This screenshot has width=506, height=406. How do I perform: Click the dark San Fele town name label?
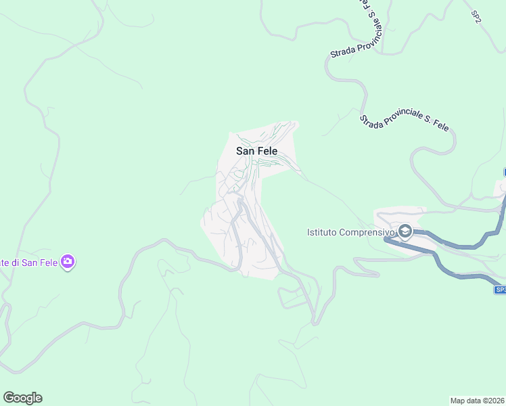pos(256,151)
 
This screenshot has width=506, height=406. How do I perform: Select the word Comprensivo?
pos(368,233)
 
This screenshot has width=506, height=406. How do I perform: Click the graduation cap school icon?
pos(405,231)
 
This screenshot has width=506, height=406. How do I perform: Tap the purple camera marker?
pos(68,261)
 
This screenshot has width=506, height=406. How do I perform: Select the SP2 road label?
pos(477,14)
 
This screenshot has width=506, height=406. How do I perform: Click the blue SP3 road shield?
pos(500,290)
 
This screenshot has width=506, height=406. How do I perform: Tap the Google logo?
pos(22,398)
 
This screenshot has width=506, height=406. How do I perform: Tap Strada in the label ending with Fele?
pos(370,120)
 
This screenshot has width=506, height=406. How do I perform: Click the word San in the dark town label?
pos(245,151)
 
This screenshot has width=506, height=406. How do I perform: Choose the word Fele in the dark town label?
pos(267,151)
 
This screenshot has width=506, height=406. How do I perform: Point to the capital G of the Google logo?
pos(9,397)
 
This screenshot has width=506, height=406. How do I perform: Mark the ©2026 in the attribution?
pos(493,401)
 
